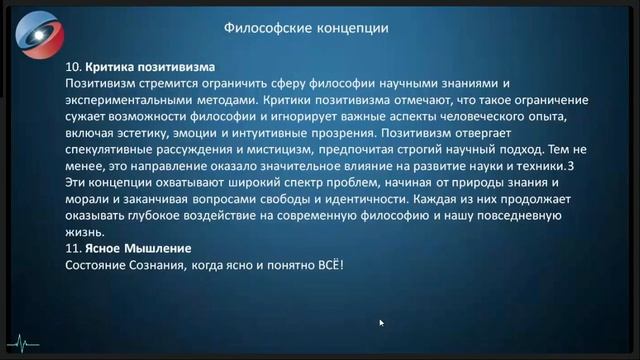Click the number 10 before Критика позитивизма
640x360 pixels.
coord(72,65)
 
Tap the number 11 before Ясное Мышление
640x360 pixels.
coord(71,247)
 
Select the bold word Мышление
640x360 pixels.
coord(156,247)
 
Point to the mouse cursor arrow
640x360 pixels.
coord(381,323)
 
